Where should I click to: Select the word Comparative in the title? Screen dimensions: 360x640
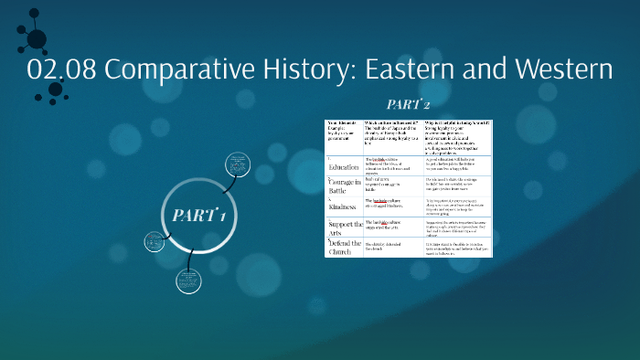tap(183, 69)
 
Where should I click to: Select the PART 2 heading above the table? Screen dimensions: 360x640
tap(409, 105)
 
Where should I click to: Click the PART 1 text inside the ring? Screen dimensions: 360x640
tap(199, 216)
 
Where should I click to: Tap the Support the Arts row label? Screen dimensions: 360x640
tap(345, 226)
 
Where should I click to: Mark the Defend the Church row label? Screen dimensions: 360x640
tap(345, 246)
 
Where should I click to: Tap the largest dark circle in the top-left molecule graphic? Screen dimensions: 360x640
tap(37, 38)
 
